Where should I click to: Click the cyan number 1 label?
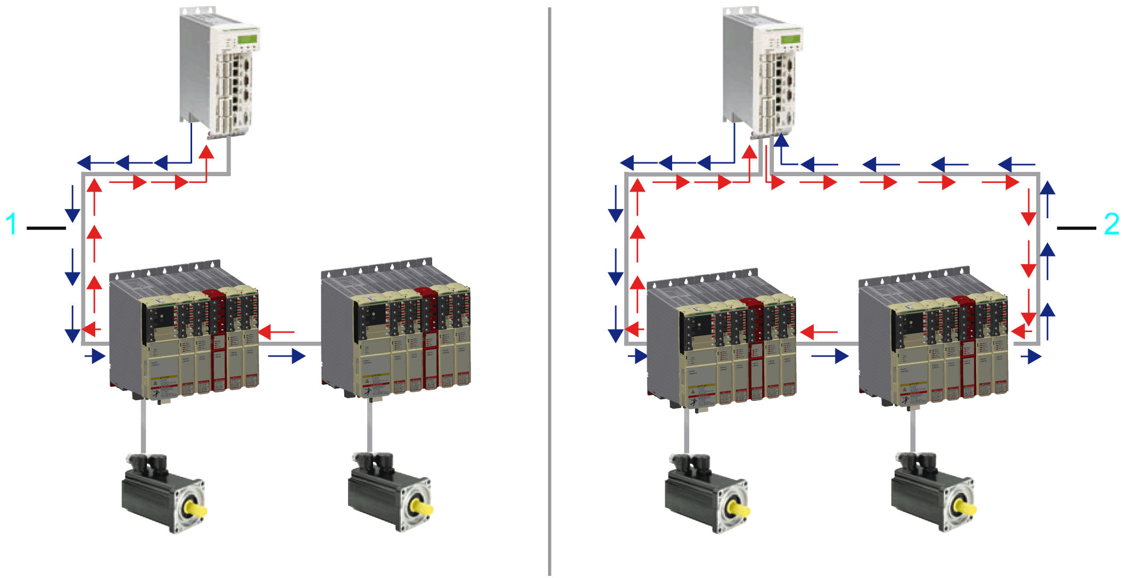(11, 224)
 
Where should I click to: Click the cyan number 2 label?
(1111, 224)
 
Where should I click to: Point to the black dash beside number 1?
(46, 228)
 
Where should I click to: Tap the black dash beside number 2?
(1076, 228)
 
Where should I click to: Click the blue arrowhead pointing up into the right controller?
(781, 140)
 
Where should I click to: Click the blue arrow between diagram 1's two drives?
(287, 356)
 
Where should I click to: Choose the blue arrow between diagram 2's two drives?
(830, 356)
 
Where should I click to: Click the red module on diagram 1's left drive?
(218, 341)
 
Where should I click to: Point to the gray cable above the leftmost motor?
(143, 426)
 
